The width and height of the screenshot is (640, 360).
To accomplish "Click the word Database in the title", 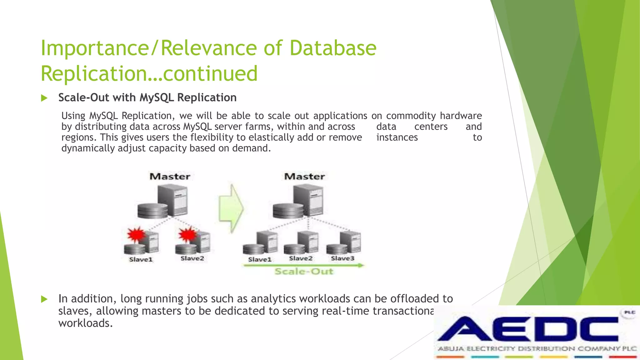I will (x=333, y=48).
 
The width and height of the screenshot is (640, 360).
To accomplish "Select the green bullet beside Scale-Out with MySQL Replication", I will (x=44, y=98).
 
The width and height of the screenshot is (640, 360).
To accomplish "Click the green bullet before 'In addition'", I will (x=44, y=299).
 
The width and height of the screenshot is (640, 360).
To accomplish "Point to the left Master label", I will (x=170, y=177).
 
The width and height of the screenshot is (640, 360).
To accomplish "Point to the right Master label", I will (x=304, y=177).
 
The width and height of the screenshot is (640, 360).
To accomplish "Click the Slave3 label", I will (x=342, y=258).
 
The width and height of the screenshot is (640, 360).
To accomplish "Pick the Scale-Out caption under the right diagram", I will (x=304, y=271).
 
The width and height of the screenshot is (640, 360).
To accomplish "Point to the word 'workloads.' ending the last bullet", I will (x=85, y=323).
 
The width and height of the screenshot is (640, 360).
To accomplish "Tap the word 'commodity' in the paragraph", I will (x=411, y=116).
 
